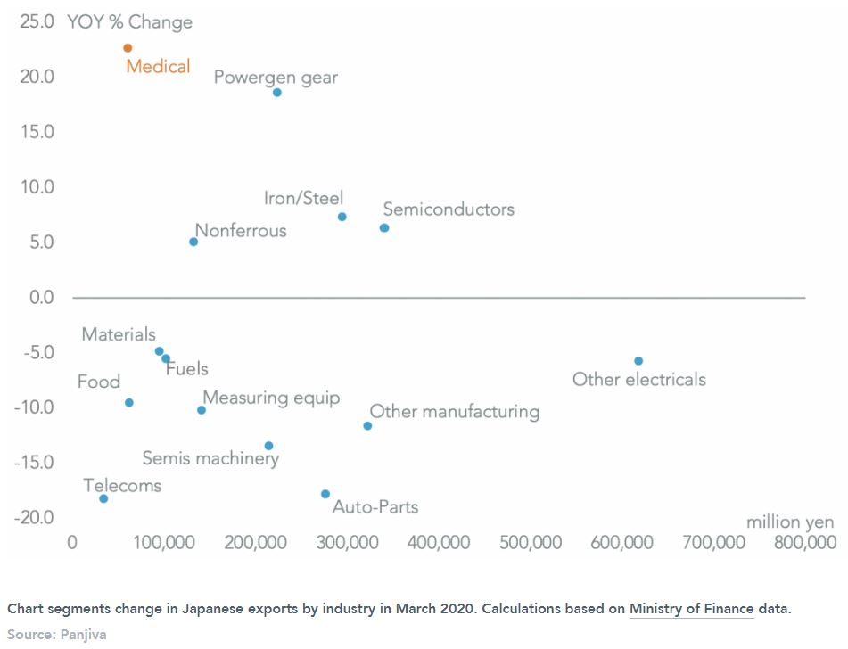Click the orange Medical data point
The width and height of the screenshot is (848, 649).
pos(128,48)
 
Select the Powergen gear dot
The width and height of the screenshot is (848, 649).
pos(277,93)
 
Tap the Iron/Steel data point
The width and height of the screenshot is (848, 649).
pos(342,217)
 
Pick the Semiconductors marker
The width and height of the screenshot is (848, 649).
pos(384,228)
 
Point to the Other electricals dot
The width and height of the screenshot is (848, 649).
pos(638,361)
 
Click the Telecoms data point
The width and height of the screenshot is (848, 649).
pos(103,498)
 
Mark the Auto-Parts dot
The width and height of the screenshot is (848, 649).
pos(325,494)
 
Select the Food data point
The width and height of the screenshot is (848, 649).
pos(129,403)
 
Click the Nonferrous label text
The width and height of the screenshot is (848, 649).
pos(241,231)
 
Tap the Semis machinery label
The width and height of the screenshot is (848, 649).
pos(210,459)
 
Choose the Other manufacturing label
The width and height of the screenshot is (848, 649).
pos(455,412)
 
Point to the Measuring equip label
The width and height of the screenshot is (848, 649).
pos(271,398)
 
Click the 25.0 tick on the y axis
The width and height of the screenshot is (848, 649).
pos(37,21)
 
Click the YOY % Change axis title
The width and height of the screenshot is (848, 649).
pos(129,22)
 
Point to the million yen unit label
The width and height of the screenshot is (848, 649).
pos(790,522)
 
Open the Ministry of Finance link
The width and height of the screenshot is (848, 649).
pos(691,609)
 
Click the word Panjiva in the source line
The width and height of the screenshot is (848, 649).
pos(83,635)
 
